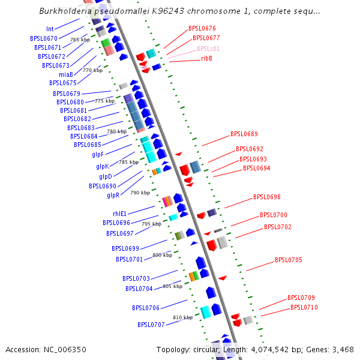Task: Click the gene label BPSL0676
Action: (x=202, y=28)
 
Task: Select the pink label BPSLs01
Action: (x=208, y=49)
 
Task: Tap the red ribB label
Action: (x=206, y=58)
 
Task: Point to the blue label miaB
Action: (x=66, y=74)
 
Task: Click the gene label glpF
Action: (x=98, y=154)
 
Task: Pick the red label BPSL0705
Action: (x=289, y=260)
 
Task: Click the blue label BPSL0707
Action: (x=151, y=325)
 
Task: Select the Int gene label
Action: (x=50, y=29)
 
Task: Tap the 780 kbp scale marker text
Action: (x=116, y=131)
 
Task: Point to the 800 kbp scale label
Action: (x=162, y=255)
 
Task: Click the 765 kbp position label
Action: (x=80, y=40)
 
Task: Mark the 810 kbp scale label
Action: (x=182, y=317)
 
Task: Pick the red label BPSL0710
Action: (x=304, y=307)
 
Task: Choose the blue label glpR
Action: (x=113, y=195)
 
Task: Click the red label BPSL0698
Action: (x=267, y=197)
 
